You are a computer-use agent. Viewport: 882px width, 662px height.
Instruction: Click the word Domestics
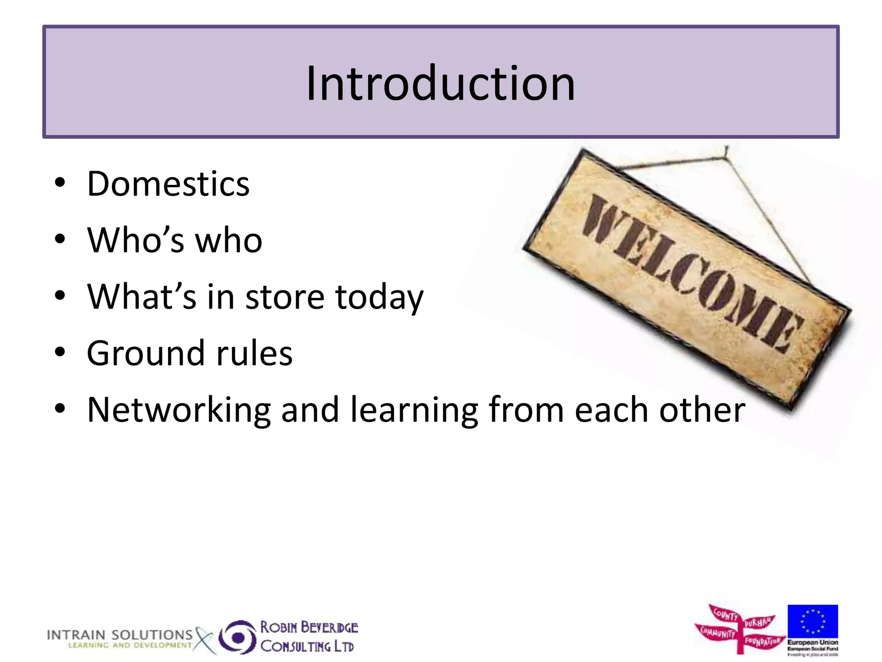pyautogui.click(x=168, y=184)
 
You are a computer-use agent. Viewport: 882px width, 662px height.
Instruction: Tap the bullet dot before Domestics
pyautogui.click(x=60, y=183)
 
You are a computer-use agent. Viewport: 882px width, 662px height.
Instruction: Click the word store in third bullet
pyautogui.click(x=285, y=297)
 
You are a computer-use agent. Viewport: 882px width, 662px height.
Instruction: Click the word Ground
pyautogui.click(x=145, y=353)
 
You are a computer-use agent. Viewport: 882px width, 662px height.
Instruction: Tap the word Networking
pyautogui.click(x=178, y=410)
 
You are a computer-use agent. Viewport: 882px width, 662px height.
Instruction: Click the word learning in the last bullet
pyautogui.click(x=414, y=410)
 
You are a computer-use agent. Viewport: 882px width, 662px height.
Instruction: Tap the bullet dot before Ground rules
pyautogui.click(x=60, y=352)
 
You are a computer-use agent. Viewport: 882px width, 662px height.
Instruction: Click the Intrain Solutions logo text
pyautogui.click(x=119, y=635)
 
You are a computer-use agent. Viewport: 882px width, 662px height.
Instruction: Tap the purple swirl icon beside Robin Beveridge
pyautogui.click(x=237, y=637)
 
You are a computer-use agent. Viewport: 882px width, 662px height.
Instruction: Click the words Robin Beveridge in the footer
pyautogui.click(x=309, y=627)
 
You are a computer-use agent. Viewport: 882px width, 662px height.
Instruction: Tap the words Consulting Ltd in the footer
pyautogui.click(x=307, y=646)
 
